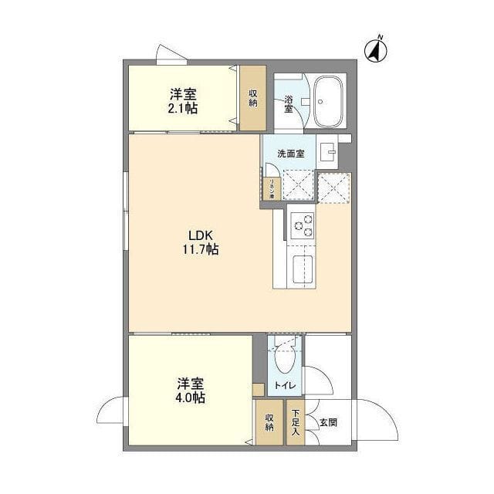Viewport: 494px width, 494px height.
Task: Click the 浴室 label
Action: click(288, 103)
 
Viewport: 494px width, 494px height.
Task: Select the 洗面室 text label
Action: click(291, 154)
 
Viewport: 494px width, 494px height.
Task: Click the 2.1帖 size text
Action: click(184, 109)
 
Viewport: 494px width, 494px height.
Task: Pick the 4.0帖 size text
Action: click(190, 398)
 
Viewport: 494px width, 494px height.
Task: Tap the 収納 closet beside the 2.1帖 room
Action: click(252, 99)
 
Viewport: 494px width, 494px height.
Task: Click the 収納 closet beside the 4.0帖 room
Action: click(269, 422)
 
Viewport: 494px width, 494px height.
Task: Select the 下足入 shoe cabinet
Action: click(295, 423)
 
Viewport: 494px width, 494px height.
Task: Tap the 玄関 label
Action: click(328, 422)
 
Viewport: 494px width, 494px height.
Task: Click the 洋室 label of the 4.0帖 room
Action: click(190, 383)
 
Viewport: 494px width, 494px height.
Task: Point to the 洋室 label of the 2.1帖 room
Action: click(184, 94)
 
